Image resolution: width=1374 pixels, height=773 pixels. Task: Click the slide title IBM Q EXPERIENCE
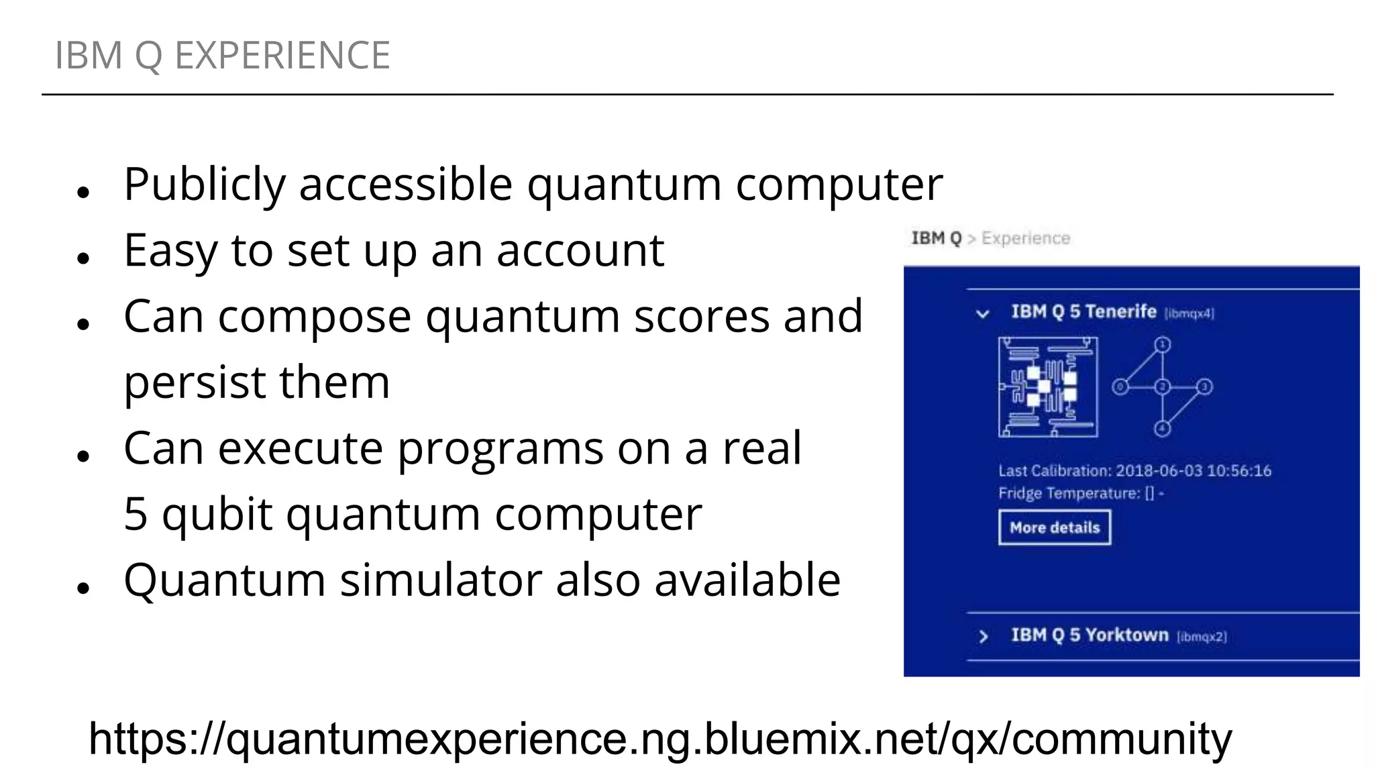(x=222, y=55)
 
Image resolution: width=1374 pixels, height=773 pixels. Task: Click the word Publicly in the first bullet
(x=205, y=184)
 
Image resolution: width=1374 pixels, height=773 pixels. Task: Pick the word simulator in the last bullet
(x=441, y=580)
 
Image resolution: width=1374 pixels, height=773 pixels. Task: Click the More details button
(x=1054, y=527)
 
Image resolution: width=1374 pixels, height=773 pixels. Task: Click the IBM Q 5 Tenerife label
(x=1084, y=312)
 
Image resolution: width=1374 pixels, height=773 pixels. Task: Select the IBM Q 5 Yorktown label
(x=1090, y=635)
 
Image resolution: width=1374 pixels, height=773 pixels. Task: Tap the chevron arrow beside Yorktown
(x=984, y=636)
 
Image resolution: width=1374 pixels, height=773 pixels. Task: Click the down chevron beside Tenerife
(x=983, y=313)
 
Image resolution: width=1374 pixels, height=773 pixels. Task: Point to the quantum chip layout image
(x=1048, y=387)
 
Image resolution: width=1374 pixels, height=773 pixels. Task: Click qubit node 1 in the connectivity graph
(x=1163, y=345)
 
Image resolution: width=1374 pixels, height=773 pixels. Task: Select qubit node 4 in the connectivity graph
(x=1163, y=429)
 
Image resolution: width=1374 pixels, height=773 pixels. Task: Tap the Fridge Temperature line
(x=1081, y=494)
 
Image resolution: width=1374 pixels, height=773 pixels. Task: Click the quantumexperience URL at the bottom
(x=660, y=739)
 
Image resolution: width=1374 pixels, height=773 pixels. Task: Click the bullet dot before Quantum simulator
(x=84, y=588)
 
